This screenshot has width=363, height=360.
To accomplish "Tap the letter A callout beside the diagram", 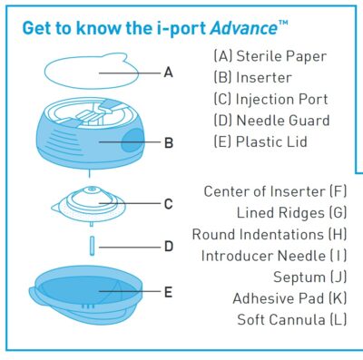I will pos(168,72).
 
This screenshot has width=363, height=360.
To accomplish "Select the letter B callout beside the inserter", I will pos(168,142).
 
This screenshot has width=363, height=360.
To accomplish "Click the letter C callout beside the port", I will pos(168,204).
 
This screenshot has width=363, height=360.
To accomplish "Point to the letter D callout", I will pos(168,246).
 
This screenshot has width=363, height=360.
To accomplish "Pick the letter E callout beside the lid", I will pos(168,291).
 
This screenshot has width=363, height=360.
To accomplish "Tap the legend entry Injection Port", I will pos(270,99).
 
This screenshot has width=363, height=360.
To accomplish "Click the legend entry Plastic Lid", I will pos(264,142).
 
